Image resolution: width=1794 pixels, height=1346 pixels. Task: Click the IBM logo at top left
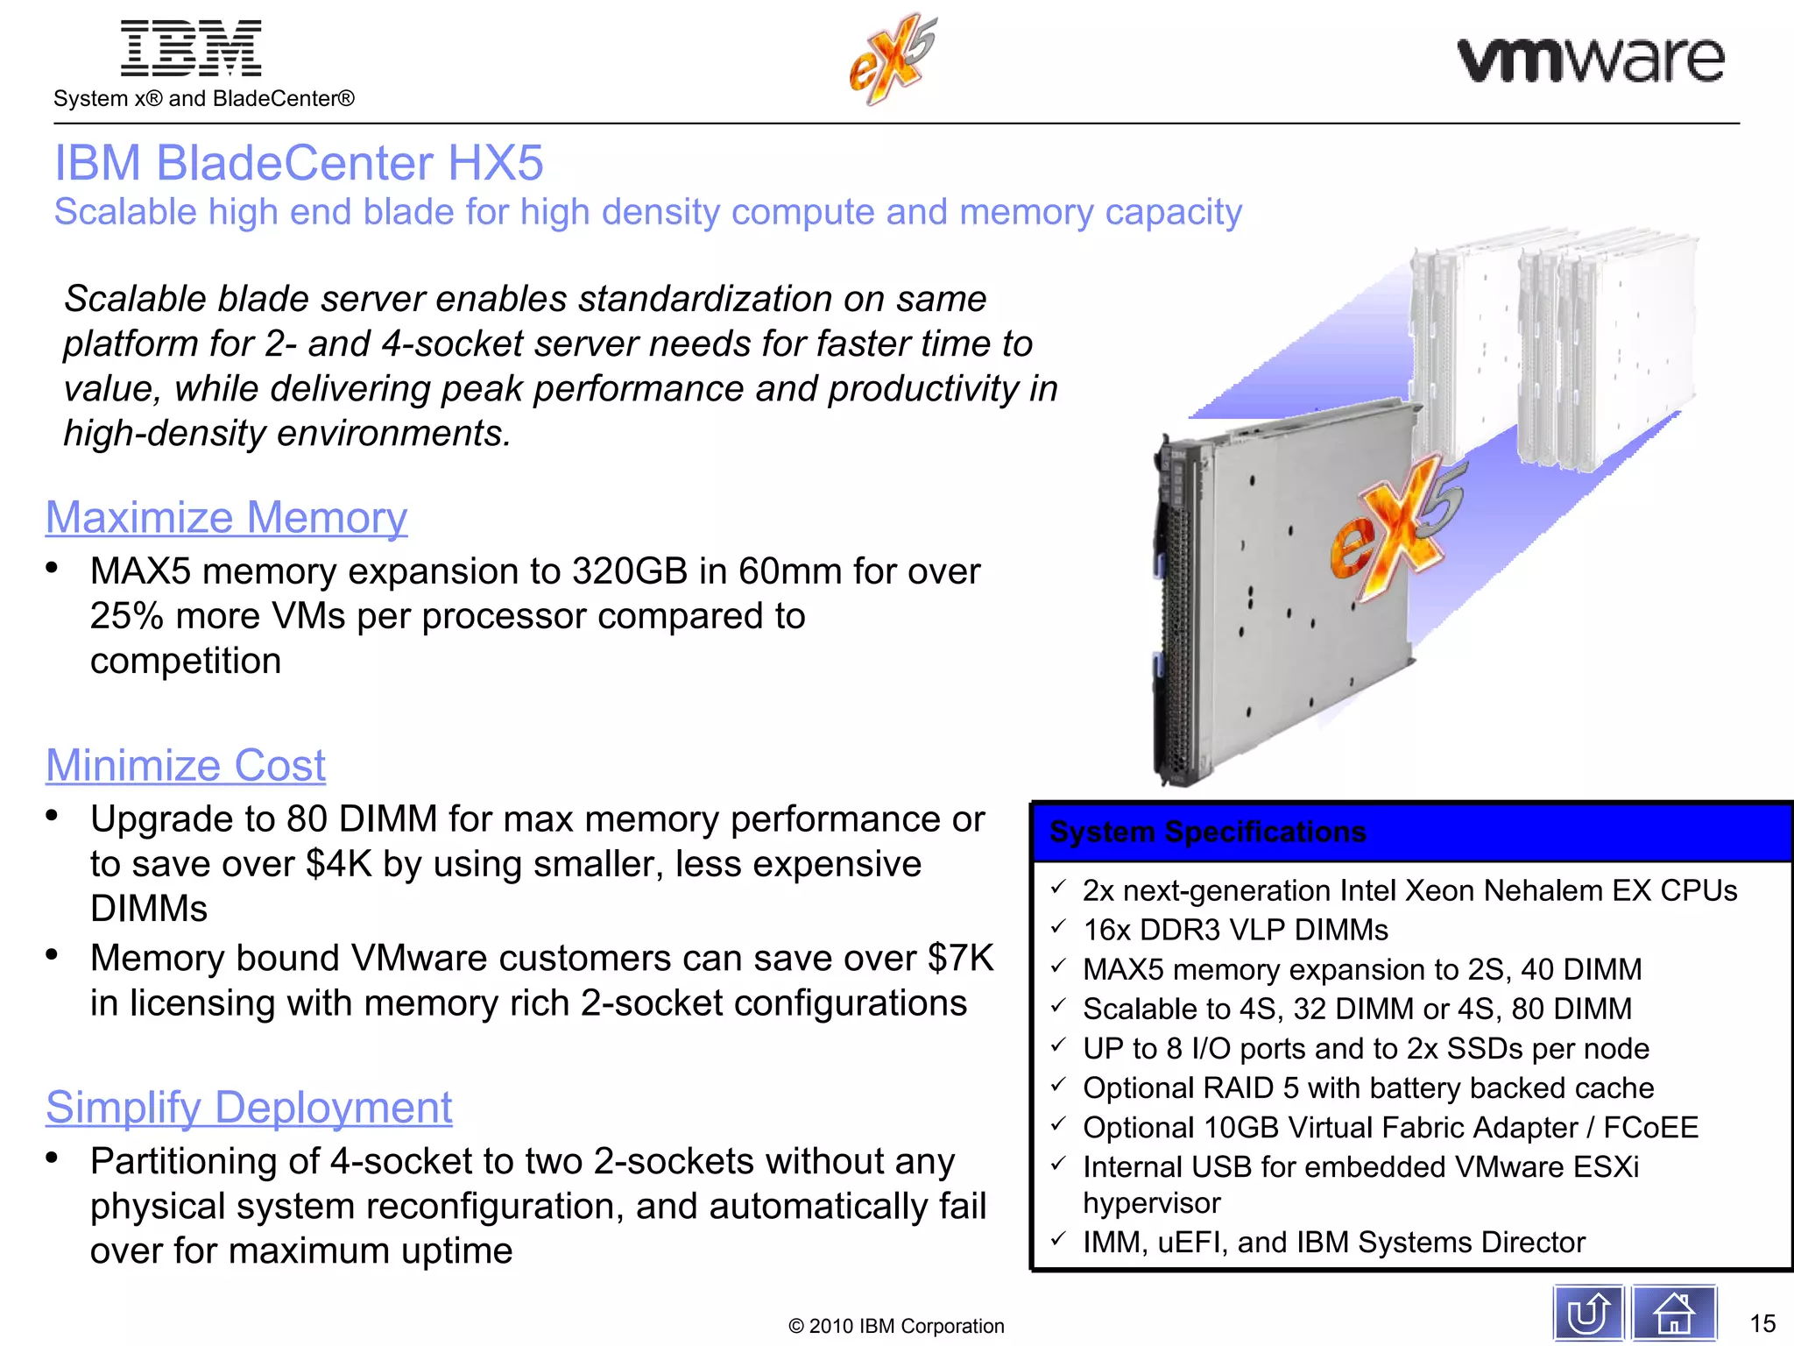pos(191,48)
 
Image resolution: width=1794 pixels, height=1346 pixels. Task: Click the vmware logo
pos(1590,60)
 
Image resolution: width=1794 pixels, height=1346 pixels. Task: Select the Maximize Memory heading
pos(226,517)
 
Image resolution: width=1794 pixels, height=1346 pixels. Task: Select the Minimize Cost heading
pos(185,765)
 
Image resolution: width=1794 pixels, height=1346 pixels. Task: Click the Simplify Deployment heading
pos(249,1107)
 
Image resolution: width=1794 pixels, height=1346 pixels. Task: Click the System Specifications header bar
pos(1410,832)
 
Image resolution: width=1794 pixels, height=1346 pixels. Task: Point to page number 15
pos(1762,1323)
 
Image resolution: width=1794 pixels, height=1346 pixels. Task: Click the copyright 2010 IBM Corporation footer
pos(896,1326)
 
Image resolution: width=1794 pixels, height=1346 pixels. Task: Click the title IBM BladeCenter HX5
pos(299,163)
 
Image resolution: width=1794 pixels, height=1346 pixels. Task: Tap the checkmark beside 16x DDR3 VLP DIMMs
pos(1058,927)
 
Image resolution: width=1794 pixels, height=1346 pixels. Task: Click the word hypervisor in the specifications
pos(1151,1203)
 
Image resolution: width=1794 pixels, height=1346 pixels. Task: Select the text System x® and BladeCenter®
pos(204,98)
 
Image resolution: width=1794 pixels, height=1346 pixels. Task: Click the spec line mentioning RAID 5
pos(1367,1087)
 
